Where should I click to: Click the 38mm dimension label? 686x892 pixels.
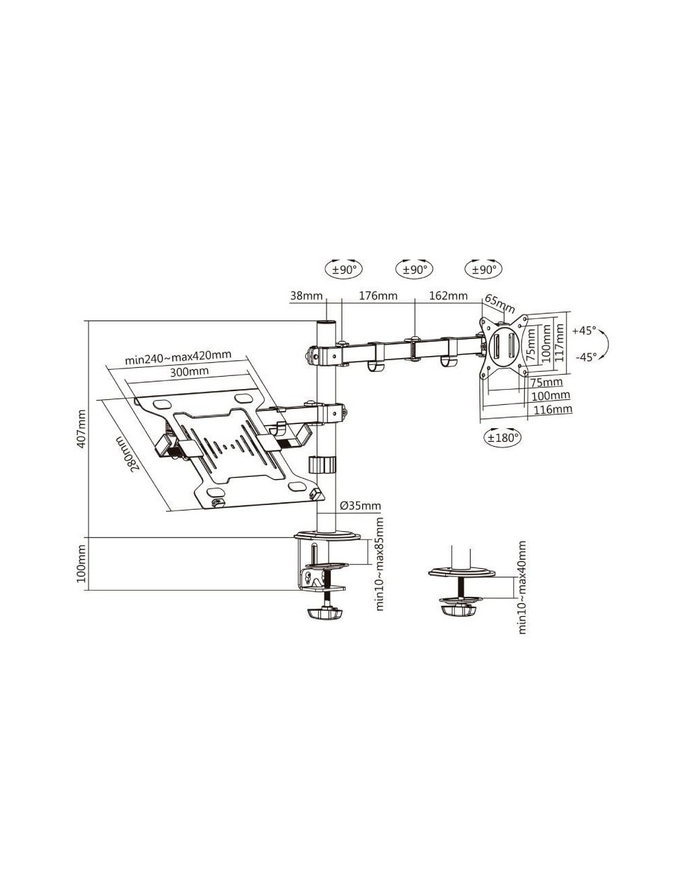(306, 296)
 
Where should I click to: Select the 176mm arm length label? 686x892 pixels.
(378, 296)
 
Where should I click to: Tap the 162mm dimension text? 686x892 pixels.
(448, 296)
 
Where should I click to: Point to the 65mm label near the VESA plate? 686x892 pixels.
(499, 303)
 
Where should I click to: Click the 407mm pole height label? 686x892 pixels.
(81, 429)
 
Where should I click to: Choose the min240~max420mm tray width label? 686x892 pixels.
(178, 357)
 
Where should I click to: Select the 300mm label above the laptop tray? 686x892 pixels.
(189, 371)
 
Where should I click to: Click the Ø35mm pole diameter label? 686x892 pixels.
(360, 506)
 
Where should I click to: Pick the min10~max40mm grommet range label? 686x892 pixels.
(522, 587)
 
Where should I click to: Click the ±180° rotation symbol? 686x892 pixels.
(503, 436)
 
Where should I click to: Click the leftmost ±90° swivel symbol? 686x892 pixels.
(346, 270)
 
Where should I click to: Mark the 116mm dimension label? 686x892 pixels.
(553, 410)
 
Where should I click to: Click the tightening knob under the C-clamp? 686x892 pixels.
(324, 612)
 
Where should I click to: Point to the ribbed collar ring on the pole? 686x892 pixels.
(322, 464)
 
